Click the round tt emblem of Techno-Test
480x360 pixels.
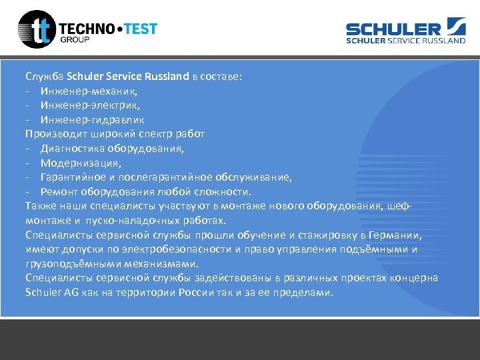coord(36,29)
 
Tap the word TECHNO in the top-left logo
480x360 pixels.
coord(87,29)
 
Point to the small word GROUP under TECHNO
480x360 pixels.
coord(75,39)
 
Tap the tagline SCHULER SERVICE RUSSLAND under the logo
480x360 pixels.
coord(405,41)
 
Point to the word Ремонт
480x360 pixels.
coord(58,192)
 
